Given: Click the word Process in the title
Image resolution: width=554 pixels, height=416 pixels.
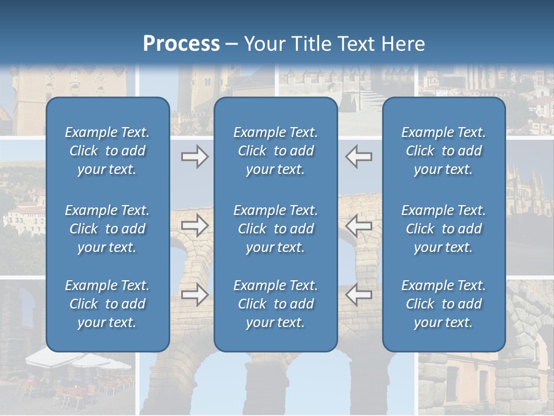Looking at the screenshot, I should [x=181, y=44].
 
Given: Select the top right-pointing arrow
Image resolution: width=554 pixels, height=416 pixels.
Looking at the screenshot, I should [x=194, y=157].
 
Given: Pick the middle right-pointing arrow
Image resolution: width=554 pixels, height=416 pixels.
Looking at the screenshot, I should [x=194, y=225].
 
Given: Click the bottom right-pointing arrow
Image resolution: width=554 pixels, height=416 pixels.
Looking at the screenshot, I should [x=194, y=295].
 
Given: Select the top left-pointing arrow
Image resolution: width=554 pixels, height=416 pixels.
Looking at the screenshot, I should [x=358, y=157].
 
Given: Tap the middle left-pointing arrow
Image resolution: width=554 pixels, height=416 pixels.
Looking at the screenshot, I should [x=358, y=225].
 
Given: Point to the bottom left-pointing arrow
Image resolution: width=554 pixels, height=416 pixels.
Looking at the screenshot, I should [x=358, y=295].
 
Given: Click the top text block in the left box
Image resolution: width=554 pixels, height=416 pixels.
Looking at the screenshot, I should [x=107, y=151].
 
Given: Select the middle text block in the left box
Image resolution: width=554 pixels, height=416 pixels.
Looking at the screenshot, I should [x=107, y=229].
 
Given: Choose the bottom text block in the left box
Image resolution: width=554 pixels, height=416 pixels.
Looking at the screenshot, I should [x=107, y=304].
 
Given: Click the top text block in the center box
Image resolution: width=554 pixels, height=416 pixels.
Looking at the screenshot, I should [x=275, y=151].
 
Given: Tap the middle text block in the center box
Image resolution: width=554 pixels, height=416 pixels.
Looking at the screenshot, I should [x=275, y=229].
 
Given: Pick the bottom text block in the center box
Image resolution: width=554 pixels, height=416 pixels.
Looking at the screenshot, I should [x=275, y=304].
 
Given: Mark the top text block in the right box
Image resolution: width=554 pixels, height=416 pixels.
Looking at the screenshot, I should [x=443, y=151].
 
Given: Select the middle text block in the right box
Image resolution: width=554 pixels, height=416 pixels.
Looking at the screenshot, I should [x=443, y=229].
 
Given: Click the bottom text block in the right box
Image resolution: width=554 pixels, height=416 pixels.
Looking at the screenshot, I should [x=443, y=304].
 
